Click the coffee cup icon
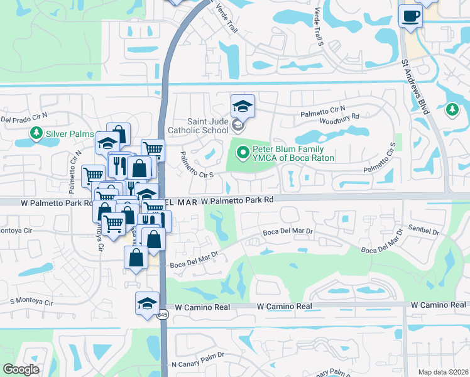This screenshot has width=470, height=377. (x=410, y=15)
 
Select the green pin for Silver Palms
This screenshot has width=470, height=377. (x=36, y=133)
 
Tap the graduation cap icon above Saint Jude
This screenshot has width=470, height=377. (x=243, y=106)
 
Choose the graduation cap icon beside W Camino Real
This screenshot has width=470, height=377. (x=147, y=303)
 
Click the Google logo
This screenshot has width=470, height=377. (x=21, y=369)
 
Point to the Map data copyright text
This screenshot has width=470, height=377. (x=442, y=372)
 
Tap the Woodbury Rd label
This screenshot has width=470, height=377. (x=339, y=117)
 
